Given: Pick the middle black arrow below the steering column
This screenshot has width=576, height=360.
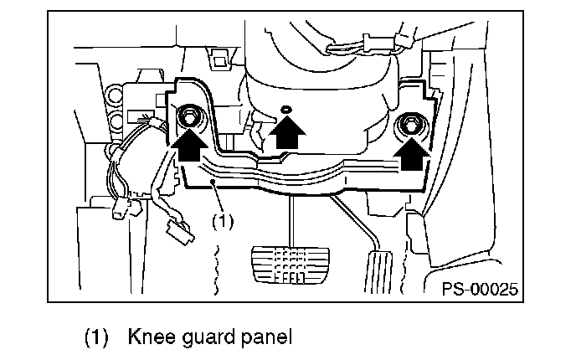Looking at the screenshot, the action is pos(287,133).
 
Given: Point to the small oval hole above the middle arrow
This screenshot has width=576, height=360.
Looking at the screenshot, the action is pos(285,109).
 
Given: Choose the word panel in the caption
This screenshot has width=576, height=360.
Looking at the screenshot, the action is pos(265,339).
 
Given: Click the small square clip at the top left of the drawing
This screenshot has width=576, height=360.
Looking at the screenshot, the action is pos(220,59).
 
